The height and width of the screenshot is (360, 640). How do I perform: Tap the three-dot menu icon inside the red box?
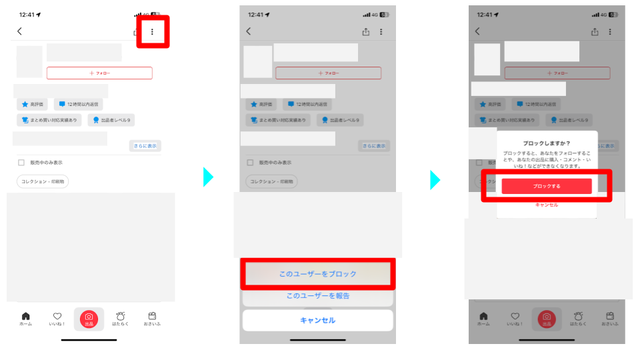point(153,31)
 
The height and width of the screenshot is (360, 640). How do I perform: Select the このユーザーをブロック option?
point(317,274)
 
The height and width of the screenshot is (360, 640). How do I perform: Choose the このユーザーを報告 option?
point(317,295)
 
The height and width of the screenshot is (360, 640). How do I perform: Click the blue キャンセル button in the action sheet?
point(317,320)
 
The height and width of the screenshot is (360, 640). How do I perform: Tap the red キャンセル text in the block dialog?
point(547,205)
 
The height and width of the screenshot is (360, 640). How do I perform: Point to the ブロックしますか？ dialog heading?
point(546,143)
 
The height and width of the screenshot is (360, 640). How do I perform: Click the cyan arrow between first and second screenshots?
point(208,177)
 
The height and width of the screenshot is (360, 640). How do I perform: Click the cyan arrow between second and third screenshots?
point(435,179)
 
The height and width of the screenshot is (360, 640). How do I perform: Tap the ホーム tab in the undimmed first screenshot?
point(25,319)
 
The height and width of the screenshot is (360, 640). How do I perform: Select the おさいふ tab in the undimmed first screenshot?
point(152,319)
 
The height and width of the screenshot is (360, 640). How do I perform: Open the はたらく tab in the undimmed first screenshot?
point(121,319)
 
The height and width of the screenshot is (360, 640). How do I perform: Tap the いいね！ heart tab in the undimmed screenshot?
point(57,319)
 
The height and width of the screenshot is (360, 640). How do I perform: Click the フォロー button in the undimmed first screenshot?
point(99,73)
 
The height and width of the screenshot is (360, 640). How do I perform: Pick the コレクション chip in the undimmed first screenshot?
point(43,181)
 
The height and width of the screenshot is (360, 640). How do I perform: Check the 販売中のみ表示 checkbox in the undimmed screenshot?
point(21,163)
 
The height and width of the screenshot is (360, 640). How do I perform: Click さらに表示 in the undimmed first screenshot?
point(145,146)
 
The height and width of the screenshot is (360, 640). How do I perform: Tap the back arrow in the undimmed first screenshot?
point(20,31)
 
